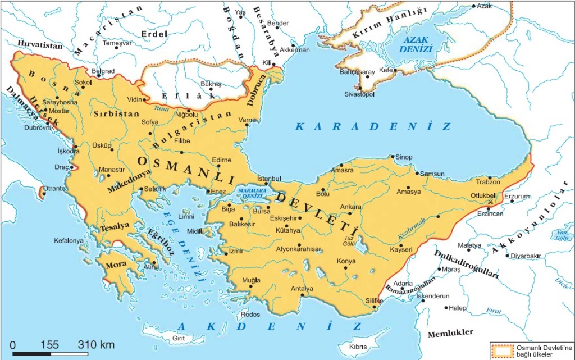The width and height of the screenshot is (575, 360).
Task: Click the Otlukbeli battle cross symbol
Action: [491, 202]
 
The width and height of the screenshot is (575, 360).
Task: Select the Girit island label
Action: [178, 338]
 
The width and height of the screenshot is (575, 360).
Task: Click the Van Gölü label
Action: [562, 234]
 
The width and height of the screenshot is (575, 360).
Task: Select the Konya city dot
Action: [347, 268]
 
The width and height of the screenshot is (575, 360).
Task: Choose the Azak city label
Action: [484, 6]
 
